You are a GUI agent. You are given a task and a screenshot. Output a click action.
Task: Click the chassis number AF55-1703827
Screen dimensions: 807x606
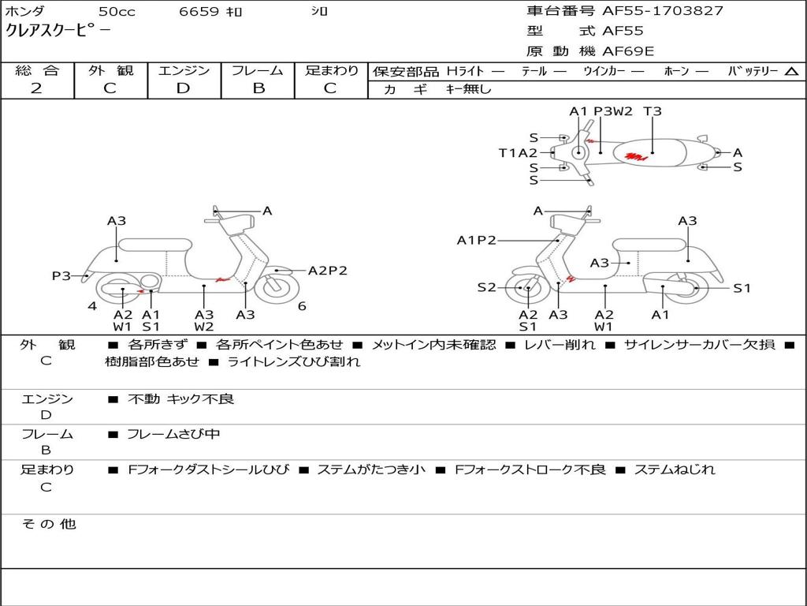tap(662, 11)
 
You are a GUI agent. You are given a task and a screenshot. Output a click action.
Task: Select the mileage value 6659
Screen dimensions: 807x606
tap(199, 12)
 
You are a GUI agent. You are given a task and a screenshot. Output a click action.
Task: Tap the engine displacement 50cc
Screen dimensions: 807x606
tap(116, 12)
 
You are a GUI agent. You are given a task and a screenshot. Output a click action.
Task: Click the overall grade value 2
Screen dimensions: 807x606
tap(36, 88)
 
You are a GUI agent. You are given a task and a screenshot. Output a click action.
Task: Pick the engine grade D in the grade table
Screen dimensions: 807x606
tap(183, 88)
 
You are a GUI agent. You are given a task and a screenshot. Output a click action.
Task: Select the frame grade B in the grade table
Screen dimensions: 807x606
tap(258, 88)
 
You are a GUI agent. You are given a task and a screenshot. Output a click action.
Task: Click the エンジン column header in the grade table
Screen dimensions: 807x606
tap(184, 70)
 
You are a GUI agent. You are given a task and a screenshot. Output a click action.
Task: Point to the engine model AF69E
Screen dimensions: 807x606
tap(628, 51)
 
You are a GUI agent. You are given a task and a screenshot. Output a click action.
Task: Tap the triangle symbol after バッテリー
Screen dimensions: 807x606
tap(790, 72)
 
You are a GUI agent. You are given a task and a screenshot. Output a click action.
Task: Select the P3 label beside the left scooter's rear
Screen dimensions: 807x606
tap(61, 275)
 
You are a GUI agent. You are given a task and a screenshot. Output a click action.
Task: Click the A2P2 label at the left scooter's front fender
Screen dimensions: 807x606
tap(327, 271)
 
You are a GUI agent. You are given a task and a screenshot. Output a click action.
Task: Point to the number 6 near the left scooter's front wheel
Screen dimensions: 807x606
tap(302, 306)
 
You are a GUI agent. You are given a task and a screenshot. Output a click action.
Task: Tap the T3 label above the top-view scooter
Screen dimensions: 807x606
tap(653, 111)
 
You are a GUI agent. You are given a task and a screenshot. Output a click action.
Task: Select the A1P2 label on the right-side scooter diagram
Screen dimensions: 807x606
tap(476, 240)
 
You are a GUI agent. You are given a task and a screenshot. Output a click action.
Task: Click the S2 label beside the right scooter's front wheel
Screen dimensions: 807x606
tap(487, 287)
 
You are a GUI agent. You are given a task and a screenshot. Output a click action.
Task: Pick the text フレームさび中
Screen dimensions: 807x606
tap(173, 434)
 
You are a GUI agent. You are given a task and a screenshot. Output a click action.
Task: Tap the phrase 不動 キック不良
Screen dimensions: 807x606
tap(180, 399)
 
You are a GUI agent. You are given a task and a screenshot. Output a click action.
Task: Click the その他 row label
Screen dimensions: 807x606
tap(48, 524)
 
